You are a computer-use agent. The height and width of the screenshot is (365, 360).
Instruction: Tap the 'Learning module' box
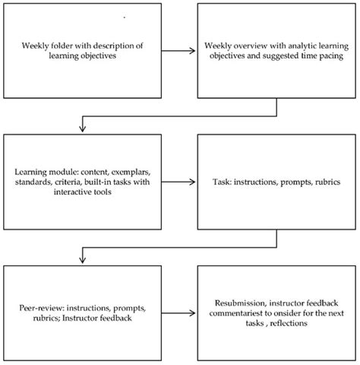pyautogui.click(x=81, y=182)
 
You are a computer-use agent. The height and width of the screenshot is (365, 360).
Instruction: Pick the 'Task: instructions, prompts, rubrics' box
pyautogui.click(x=277, y=182)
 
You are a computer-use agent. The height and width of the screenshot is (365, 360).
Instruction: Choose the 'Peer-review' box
pyautogui.click(x=81, y=312)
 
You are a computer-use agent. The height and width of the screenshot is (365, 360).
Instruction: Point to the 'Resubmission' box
pyautogui.click(x=277, y=312)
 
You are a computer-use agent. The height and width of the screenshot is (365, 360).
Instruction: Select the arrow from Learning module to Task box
pyautogui.click(x=178, y=182)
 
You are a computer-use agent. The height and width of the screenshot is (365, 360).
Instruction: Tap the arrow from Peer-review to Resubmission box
pyautogui.click(x=178, y=312)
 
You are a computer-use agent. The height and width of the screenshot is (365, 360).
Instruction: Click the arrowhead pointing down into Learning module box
pyautogui.click(x=81, y=129)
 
